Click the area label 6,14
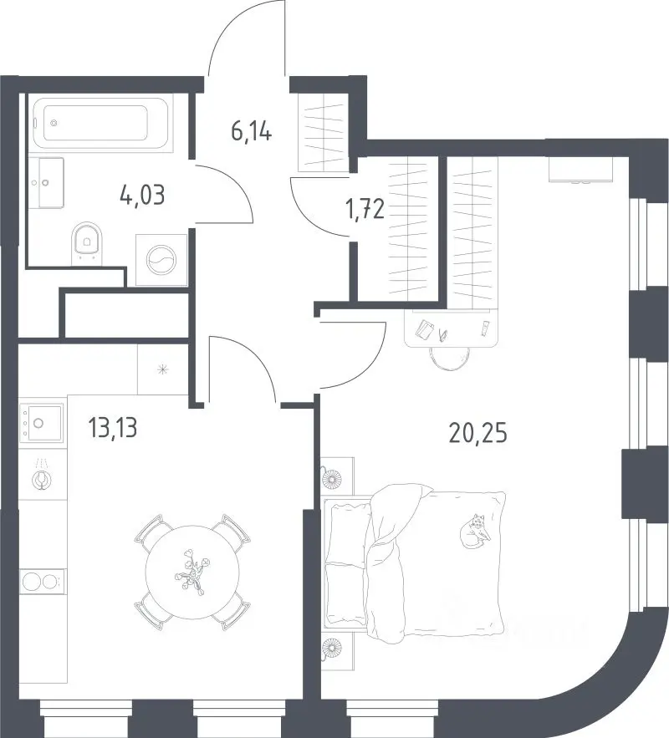point(252,131)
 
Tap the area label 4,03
point(142,196)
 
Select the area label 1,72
point(365,209)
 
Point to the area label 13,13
point(113,428)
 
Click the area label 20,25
point(478,434)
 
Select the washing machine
point(161,260)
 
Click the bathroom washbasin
point(46,182)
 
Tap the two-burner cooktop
point(42,582)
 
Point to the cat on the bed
point(476,531)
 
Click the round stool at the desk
point(450,358)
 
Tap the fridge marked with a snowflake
point(163,369)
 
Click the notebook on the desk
point(424,329)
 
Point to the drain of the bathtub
point(54,124)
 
